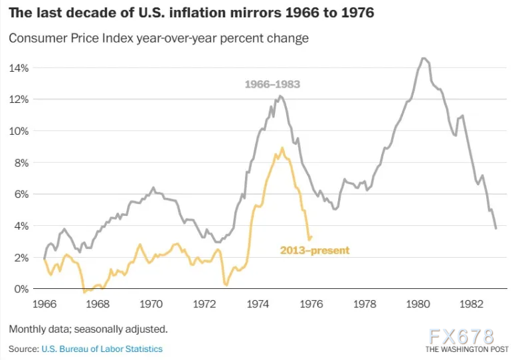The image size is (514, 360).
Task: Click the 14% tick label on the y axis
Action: pyautogui.click(x=18, y=68)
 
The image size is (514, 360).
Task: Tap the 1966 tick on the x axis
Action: pyautogui.click(x=44, y=304)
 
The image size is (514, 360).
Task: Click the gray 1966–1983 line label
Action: pyautogui.click(x=272, y=84)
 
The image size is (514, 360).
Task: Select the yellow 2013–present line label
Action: pyautogui.click(x=315, y=250)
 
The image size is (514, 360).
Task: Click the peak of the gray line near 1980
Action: pyautogui.click(x=423, y=58)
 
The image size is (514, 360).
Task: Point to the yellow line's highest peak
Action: pyautogui.click(x=282, y=148)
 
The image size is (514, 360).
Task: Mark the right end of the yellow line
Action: pyautogui.click(x=311, y=236)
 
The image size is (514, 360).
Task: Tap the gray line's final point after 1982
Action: pyautogui.click(x=496, y=228)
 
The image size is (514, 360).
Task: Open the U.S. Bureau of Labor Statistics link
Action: pyautogui.click(x=102, y=349)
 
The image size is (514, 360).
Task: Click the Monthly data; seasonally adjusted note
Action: pyautogui.click(x=88, y=329)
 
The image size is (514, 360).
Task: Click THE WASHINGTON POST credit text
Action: pyautogui.click(x=466, y=349)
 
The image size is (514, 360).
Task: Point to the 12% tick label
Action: pyautogui.click(x=18, y=100)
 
